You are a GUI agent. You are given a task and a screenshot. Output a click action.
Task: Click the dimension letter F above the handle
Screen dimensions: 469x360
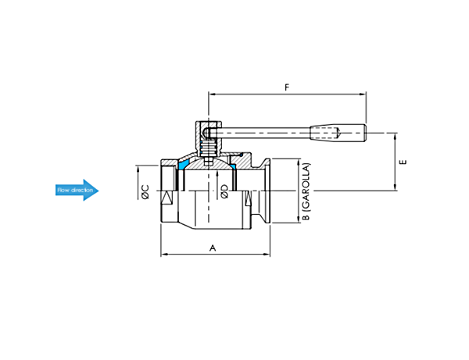pos(287,87)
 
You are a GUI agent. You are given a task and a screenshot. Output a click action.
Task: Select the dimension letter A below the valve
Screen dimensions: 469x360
pos(213,248)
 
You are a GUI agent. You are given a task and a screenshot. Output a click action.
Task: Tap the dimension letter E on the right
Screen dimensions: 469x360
pos(403,162)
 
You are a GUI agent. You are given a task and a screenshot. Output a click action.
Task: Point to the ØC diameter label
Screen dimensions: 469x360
pos(145,192)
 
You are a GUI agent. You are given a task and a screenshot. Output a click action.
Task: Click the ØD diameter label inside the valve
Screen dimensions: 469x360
pos(224,191)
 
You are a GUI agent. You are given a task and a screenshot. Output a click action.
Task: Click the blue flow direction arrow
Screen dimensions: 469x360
pos(77,190)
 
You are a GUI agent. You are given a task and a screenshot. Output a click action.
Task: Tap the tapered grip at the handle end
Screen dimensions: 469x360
pos(338,132)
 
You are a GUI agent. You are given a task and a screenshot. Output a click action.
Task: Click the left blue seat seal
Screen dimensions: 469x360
pos(182,165)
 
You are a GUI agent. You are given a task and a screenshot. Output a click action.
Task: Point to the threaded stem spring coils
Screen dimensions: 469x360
pos(208,149)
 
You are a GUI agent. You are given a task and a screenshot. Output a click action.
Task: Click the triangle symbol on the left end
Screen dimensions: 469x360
pos(167,198)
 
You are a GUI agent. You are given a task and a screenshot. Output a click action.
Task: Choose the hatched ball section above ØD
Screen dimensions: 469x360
pos(209,165)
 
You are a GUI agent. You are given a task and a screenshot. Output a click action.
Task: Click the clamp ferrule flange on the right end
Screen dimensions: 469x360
pos(267,191)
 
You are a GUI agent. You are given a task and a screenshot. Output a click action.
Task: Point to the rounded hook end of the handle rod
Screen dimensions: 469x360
pos(206,132)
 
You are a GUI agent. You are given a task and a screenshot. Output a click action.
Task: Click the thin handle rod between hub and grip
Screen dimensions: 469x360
pos(262,132)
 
